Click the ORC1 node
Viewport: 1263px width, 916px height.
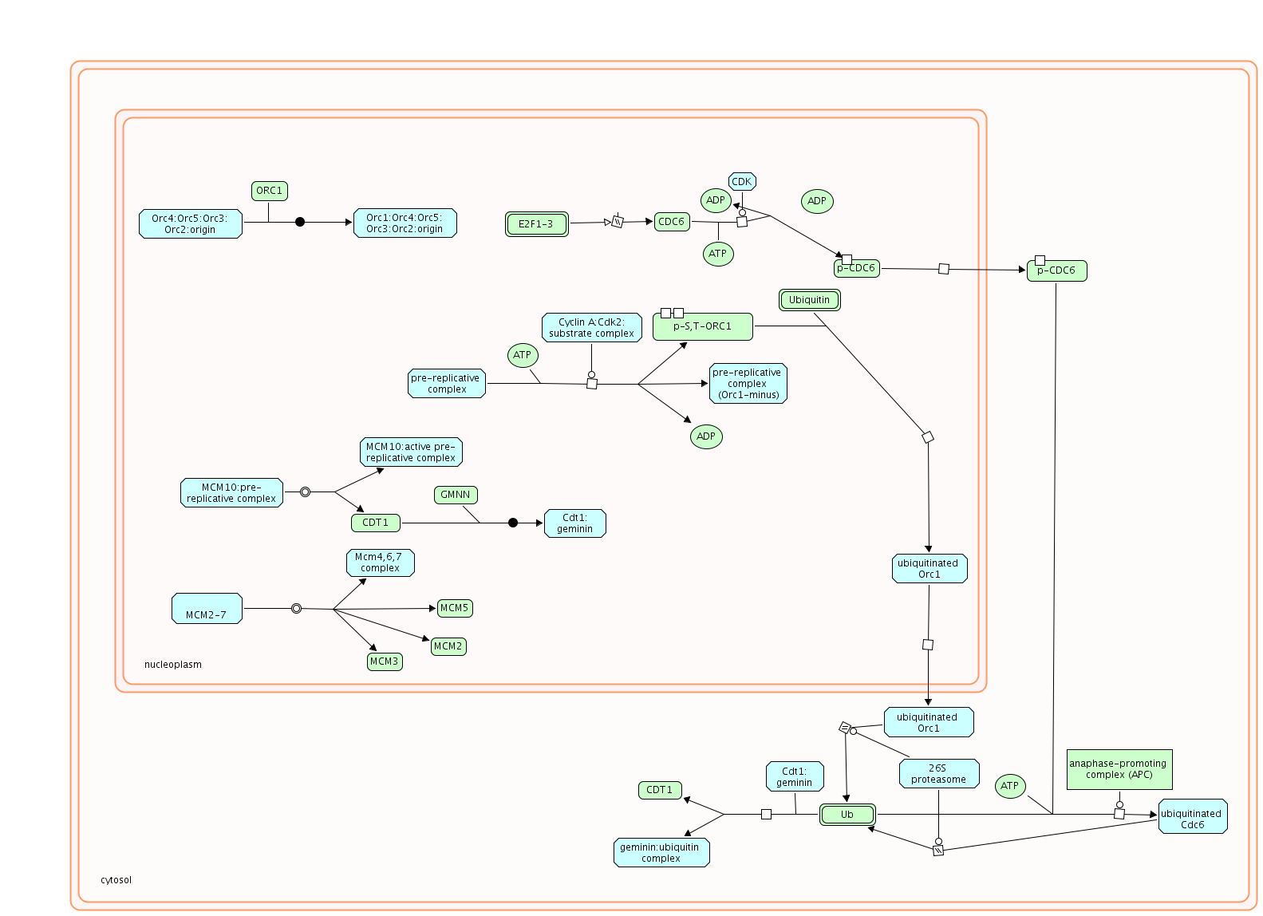tap(269, 191)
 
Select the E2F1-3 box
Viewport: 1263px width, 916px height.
tap(536, 224)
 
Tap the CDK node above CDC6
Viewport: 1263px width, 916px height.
tap(742, 182)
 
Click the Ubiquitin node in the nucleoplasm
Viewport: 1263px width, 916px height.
tap(809, 300)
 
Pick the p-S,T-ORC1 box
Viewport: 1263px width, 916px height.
tap(702, 326)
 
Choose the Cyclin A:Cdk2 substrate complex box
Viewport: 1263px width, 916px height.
tap(591, 328)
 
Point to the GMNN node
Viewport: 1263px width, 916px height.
tap(456, 495)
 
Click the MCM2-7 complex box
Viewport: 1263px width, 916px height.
tap(207, 609)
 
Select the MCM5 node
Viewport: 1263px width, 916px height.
tap(455, 608)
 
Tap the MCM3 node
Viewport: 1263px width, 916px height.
tap(384, 661)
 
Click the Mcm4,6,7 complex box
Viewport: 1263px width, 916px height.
tap(380, 563)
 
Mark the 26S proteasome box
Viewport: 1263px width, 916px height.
tap(938, 774)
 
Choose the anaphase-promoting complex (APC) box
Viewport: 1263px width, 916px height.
tap(1119, 769)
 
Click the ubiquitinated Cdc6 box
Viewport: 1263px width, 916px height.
tap(1192, 817)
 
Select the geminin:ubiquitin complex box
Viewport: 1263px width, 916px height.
tap(661, 853)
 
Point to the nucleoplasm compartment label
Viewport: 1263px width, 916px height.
tap(173, 665)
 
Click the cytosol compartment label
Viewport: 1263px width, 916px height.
tap(116, 880)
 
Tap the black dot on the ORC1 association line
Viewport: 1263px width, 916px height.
tap(300, 222)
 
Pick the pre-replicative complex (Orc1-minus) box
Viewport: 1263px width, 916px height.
tap(748, 384)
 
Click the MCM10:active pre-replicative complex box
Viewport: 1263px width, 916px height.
tap(411, 452)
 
